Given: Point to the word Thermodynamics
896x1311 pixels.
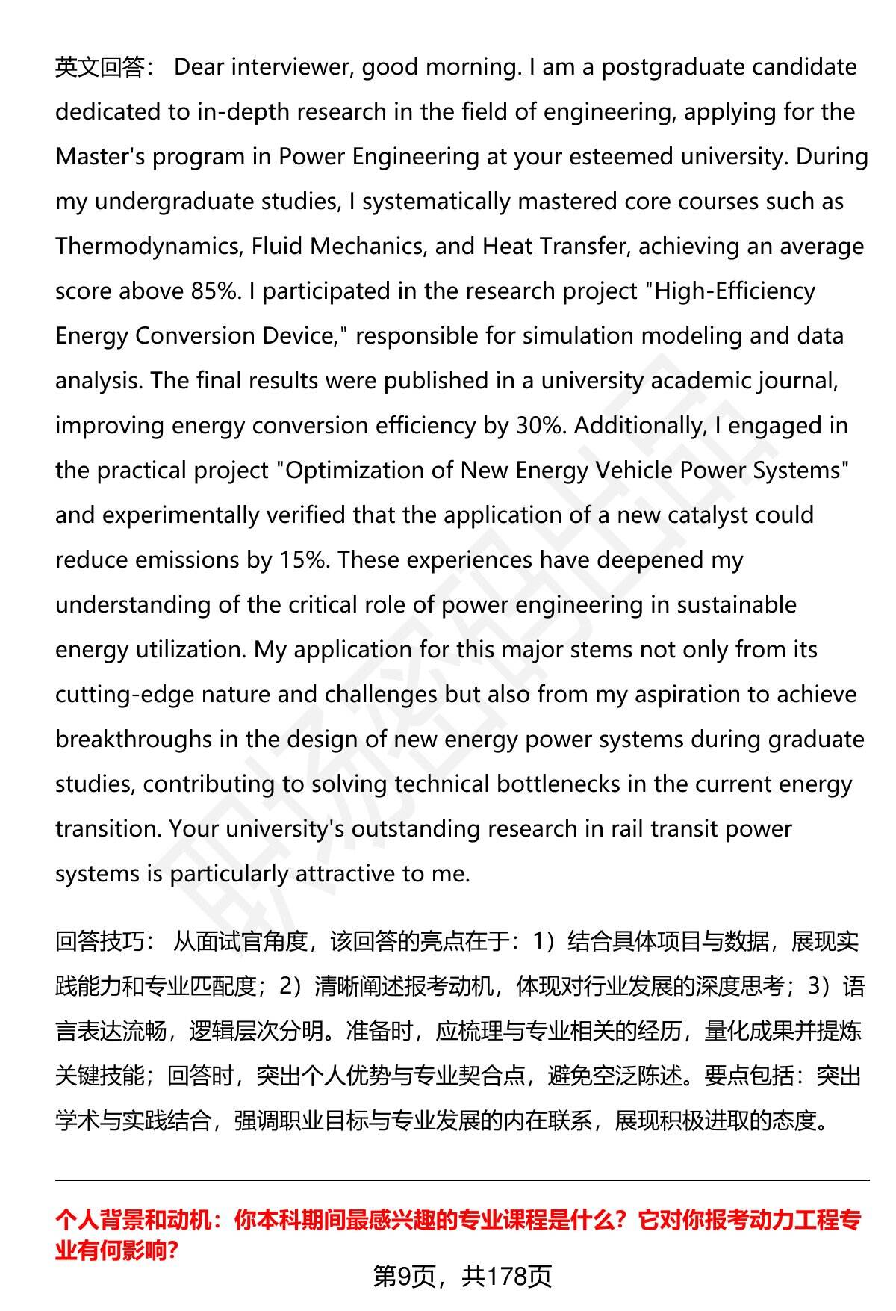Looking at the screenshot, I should (x=146, y=247).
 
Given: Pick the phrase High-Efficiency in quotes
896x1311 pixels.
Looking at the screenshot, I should (x=735, y=291).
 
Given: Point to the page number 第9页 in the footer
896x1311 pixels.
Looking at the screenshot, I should (x=404, y=1277).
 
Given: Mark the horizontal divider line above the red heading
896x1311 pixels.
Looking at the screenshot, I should (x=462, y=1180).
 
